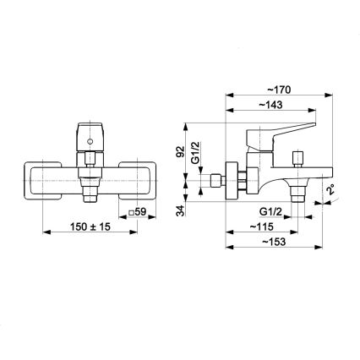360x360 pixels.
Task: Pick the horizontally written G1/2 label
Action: coord(270,211)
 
